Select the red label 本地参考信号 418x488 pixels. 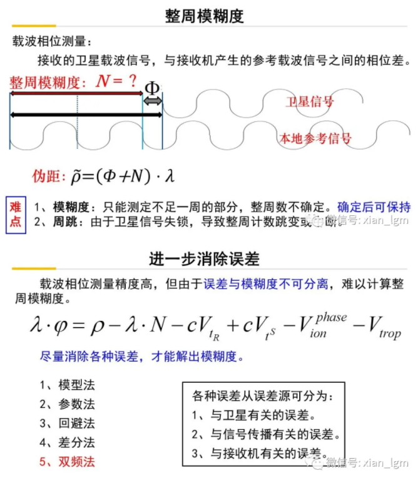tap(315, 138)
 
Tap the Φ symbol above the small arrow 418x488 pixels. tap(152, 88)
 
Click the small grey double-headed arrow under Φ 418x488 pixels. tap(153, 101)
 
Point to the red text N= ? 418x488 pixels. tap(116, 81)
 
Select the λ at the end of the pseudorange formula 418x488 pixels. tap(168, 176)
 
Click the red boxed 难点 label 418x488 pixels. tap(16, 213)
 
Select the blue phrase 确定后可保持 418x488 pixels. tap(374, 207)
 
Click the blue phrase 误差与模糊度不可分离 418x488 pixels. tap(266, 284)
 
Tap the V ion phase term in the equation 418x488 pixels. tap(313, 325)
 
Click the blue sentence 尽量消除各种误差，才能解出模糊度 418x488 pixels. tap(141, 357)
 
